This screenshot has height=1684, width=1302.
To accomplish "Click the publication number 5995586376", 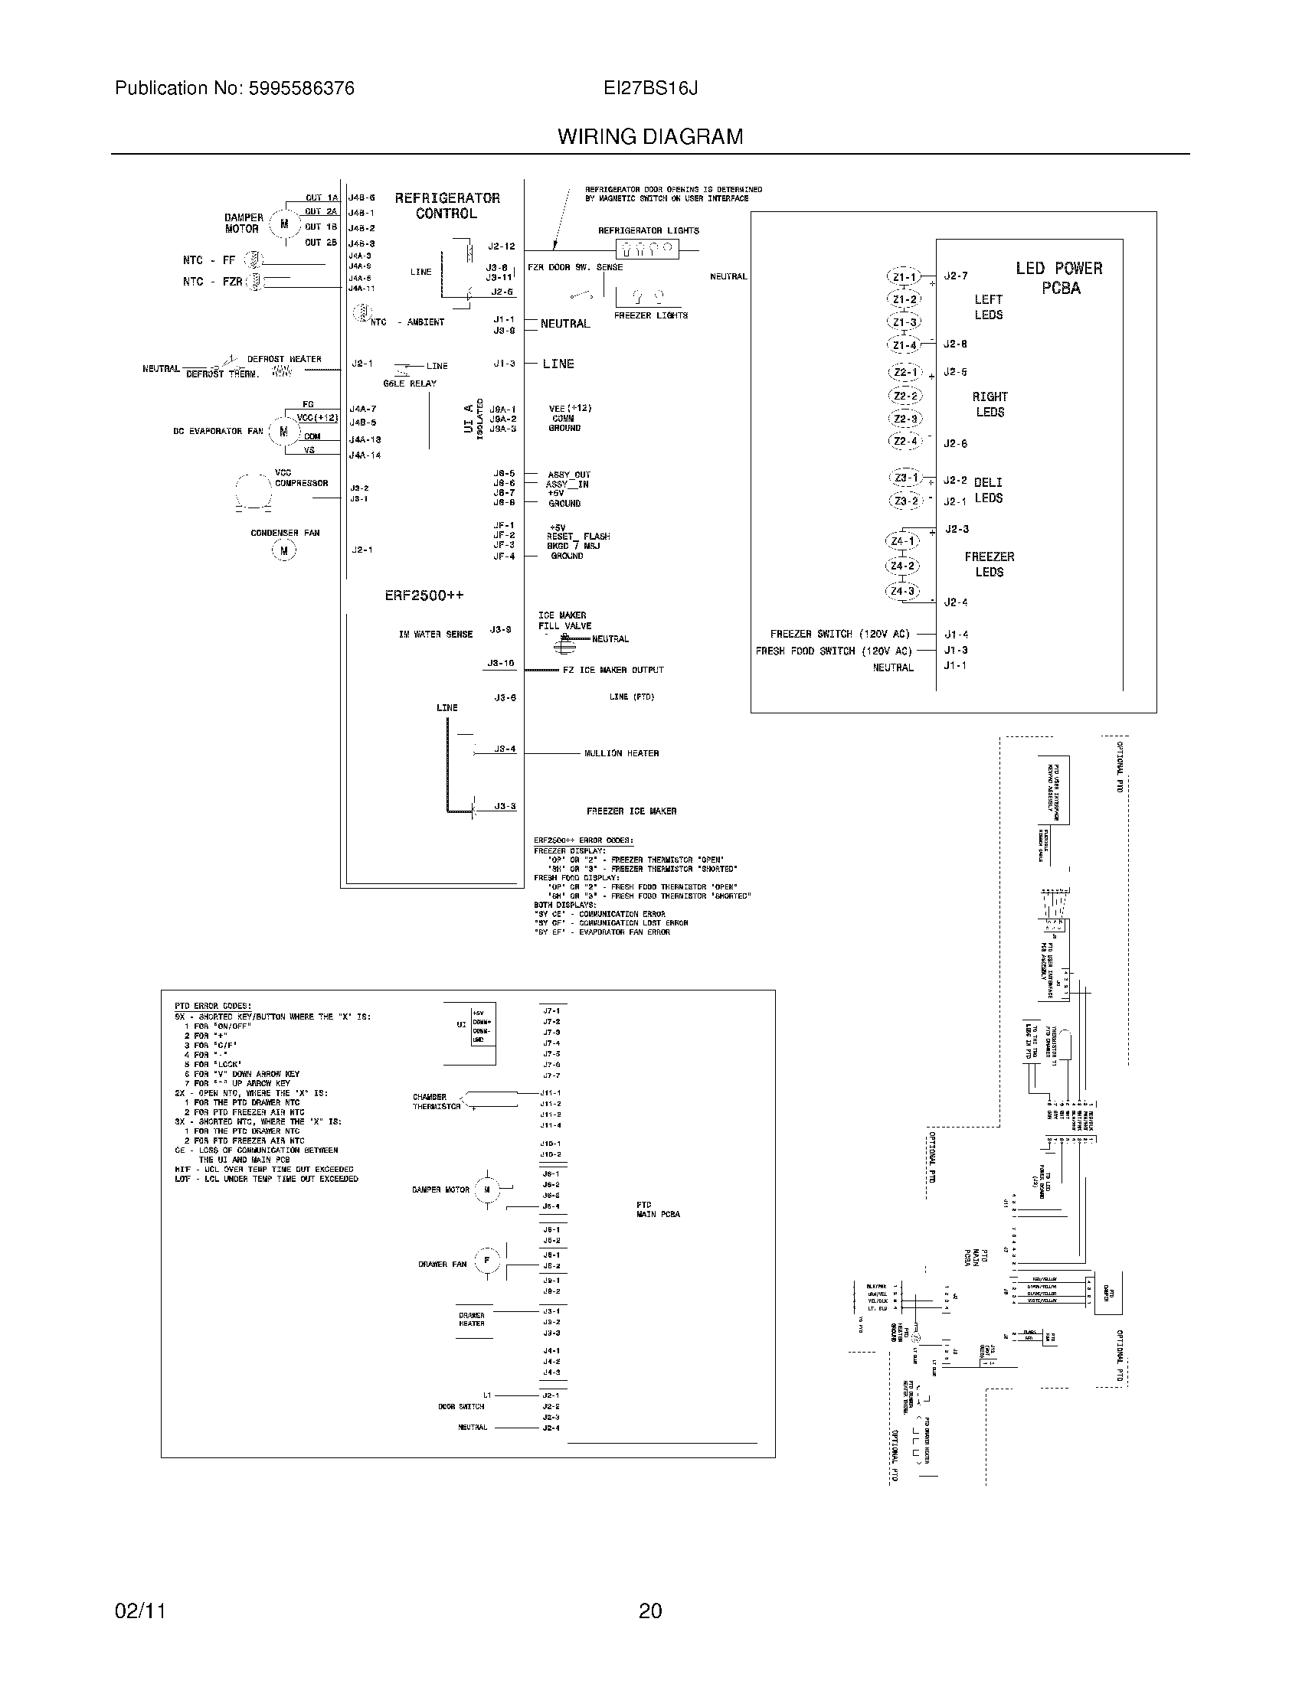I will pos(300,89).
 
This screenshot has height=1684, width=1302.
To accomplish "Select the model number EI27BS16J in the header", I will pos(650,89).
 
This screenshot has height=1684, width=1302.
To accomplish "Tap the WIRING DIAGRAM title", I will pos(650,136).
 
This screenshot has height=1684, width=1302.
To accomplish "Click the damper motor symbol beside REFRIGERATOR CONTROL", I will pos(285,224).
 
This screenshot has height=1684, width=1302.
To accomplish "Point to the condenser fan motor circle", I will pos(284,550).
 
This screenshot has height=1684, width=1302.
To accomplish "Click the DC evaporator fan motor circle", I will pos(284,432).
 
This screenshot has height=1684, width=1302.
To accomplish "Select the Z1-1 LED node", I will pos(904,277).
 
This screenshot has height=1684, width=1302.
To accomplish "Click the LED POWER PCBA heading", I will pos(1059,279).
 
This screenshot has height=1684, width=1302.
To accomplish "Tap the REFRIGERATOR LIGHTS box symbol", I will pos(646,248).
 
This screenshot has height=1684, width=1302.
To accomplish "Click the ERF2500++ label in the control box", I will pos(424,596).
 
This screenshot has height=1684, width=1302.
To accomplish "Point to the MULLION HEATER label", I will pos(621,753).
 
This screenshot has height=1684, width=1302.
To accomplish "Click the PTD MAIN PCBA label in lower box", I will pos(658,1209).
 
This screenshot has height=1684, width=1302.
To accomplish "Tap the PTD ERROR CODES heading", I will pos(212,1007).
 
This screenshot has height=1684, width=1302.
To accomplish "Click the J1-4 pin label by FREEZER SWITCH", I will pos(956,635).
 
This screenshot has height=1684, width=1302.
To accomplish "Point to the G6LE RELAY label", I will pos(410,383).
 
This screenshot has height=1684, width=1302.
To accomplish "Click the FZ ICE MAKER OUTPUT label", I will pos(613,670).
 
